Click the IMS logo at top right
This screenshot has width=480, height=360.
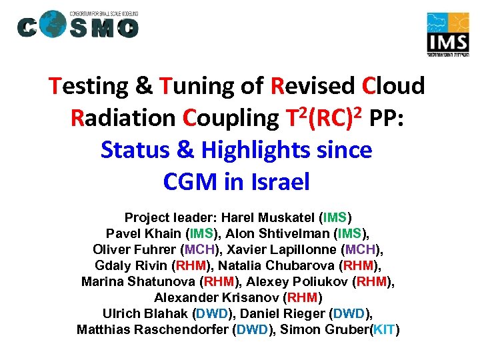tap(449, 35)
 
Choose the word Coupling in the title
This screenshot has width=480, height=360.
tap(229, 118)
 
